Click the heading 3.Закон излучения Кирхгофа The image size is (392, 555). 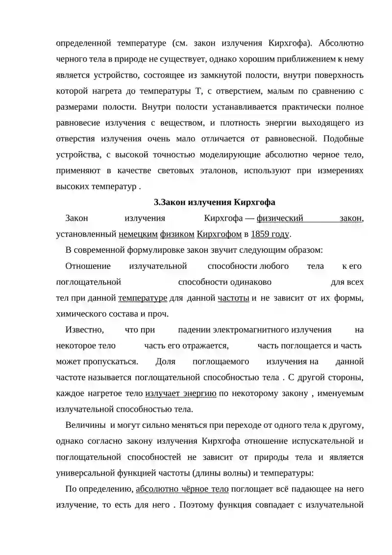[215, 202]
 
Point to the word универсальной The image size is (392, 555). [85, 473]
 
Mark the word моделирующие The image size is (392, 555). [230, 155]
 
